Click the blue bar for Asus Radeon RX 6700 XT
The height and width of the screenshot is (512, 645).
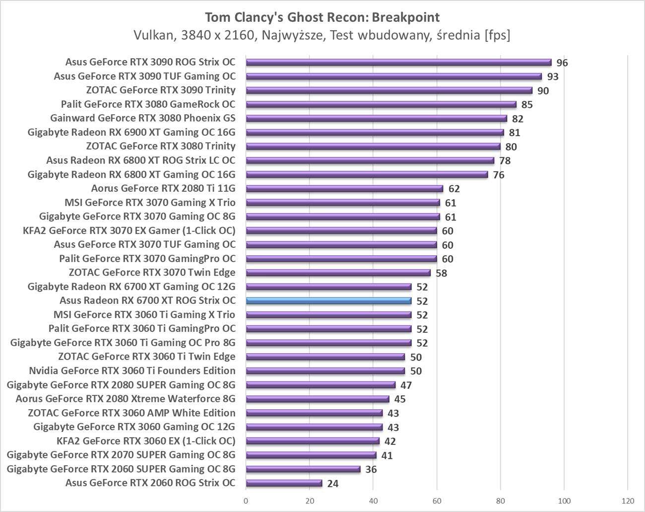pos(328,300)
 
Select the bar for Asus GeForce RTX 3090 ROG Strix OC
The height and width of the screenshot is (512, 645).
pos(398,62)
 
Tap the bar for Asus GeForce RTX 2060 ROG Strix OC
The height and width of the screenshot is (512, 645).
pos(284,483)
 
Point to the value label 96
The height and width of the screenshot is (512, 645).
pos(562,63)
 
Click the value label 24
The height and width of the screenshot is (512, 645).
pos(333,484)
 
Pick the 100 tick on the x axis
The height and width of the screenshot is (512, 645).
pos(564,501)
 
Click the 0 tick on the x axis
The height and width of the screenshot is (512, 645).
pos(246,501)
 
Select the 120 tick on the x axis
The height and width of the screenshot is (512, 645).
pos(628,501)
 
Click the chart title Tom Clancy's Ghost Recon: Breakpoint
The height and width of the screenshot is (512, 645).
pos(322,17)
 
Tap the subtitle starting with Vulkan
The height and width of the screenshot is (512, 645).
pos(322,35)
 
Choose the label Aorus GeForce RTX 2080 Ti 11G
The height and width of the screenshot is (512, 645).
pos(163,188)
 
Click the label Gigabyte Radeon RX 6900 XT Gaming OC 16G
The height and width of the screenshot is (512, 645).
pos(131,132)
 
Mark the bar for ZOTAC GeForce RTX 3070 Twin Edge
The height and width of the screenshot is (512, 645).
pos(338,273)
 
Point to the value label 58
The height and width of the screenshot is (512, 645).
pos(441,273)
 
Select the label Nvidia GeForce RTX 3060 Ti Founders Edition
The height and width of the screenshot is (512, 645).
pos(132,370)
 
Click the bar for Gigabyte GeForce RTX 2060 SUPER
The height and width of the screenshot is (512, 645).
pos(303,469)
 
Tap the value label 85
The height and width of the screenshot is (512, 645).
pos(527,105)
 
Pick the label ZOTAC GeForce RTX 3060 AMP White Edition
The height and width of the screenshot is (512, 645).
pos(131,413)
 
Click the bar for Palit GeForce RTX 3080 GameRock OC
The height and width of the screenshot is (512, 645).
pos(381,104)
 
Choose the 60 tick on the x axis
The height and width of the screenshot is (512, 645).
pos(437,501)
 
